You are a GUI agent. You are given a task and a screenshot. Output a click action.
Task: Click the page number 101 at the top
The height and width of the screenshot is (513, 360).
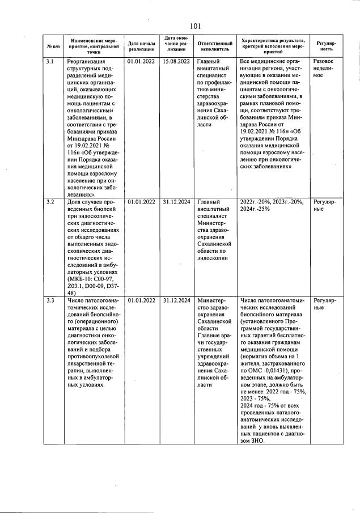(196, 26)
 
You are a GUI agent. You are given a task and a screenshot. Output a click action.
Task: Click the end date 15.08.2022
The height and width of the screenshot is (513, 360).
(176, 61)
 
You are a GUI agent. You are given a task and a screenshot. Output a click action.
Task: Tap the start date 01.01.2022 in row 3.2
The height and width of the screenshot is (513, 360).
(142, 201)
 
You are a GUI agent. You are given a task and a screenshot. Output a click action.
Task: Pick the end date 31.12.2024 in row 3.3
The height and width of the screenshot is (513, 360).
(176, 300)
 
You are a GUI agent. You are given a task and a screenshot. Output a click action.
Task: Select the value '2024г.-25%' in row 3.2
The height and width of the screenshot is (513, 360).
(256, 209)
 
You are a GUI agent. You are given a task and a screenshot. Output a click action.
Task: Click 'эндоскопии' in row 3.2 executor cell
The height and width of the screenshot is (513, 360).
(212, 258)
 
